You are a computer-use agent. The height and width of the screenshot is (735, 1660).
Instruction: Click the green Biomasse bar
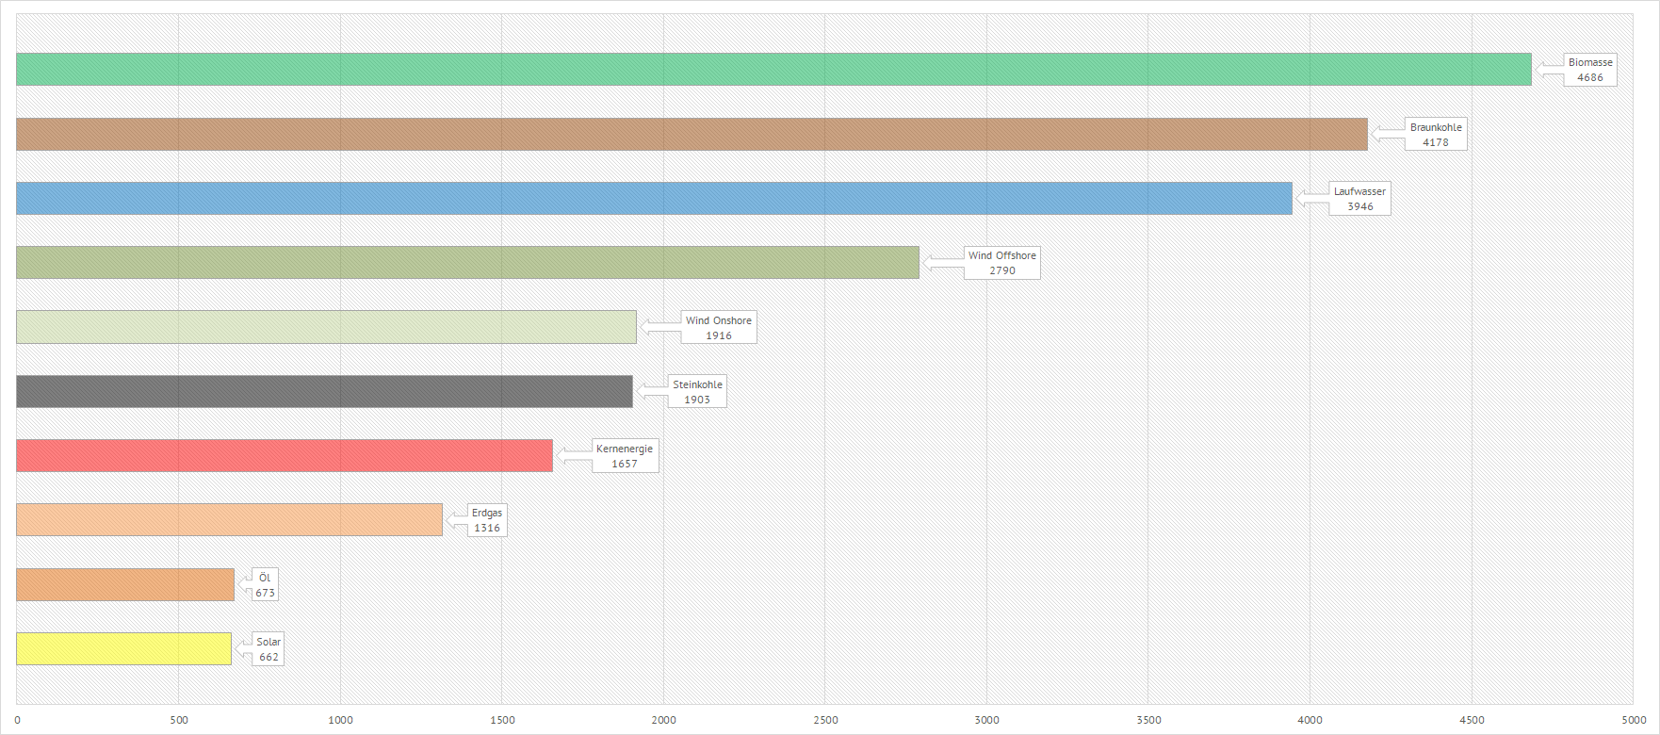[773, 70]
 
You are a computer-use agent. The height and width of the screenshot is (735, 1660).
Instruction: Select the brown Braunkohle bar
[692, 134]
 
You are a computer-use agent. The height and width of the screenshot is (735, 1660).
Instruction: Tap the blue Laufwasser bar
[654, 198]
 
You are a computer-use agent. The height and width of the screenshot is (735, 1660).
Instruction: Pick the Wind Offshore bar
[467, 262]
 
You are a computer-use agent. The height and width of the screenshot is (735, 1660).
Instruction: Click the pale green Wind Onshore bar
[326, 327]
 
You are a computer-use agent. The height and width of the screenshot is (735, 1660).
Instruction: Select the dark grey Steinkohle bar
[324, 391]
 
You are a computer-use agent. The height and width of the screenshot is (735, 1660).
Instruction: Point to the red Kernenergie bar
[285, 455]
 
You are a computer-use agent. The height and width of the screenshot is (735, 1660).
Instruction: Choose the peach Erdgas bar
[229, 519]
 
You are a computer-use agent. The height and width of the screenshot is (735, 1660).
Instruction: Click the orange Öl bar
[125, 584]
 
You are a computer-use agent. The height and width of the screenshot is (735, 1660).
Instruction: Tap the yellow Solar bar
[123, 648]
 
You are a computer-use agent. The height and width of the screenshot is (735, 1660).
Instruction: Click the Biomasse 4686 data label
[1590, 70]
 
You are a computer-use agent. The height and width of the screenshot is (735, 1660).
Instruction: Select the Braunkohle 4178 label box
[1436, 135]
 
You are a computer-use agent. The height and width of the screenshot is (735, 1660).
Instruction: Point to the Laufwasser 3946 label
[1359, 199]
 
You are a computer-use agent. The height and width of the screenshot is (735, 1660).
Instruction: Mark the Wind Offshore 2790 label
[1001, 263]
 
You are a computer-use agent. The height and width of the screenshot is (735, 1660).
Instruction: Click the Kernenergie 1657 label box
[625, 456]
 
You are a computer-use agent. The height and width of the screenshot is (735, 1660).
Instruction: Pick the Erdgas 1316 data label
[487, 520]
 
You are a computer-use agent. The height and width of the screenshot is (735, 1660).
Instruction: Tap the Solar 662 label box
[269, 649]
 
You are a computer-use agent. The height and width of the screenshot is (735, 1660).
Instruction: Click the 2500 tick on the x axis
[825, 720]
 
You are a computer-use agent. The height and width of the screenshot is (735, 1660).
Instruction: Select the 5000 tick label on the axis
[1634, 720]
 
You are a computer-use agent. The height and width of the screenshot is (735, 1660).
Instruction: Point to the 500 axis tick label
[179, 720]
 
